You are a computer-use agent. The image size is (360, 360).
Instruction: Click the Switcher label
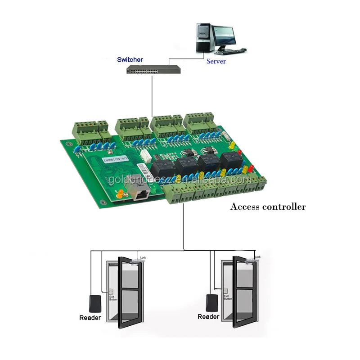(x=130, y=59)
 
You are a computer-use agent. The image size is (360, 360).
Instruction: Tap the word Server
(x=216, y=61)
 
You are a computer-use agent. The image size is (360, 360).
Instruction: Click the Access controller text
(x=268, y=207)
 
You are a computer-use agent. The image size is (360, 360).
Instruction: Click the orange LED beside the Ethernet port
(x=120, y=194)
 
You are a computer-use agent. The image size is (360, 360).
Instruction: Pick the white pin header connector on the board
(x=145, y=156)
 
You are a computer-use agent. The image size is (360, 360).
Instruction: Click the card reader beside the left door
(x=95, y=302)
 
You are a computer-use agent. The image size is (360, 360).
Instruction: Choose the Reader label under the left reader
(x=90, y=318)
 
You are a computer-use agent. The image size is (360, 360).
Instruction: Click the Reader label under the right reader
(x=208, y=317)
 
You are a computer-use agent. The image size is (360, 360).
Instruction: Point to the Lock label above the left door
(x=144, y=257)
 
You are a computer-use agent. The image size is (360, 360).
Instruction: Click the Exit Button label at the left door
(x=110, y=297)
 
